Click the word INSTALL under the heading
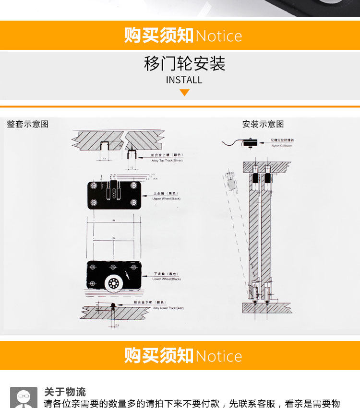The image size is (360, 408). point(184,80)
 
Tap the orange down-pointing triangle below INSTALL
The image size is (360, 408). point(184,93)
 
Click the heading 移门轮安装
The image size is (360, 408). point(184,64)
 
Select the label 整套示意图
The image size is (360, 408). point(28,124)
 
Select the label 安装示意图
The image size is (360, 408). point(263,124)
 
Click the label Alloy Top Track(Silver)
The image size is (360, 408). point(168,161)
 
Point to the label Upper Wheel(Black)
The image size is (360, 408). point(167,198)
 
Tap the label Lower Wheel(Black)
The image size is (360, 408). point(167,279)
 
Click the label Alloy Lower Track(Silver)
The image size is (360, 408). point(168,308)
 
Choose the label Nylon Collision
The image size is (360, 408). point(281,145)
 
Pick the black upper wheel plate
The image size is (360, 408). point(114,195)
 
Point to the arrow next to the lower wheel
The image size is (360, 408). point(127,277)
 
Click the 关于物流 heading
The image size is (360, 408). point(65,392)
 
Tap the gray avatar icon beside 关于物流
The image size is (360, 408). point(24,397)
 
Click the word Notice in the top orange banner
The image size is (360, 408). point(219,36)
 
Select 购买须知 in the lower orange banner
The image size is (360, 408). point(158,356)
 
